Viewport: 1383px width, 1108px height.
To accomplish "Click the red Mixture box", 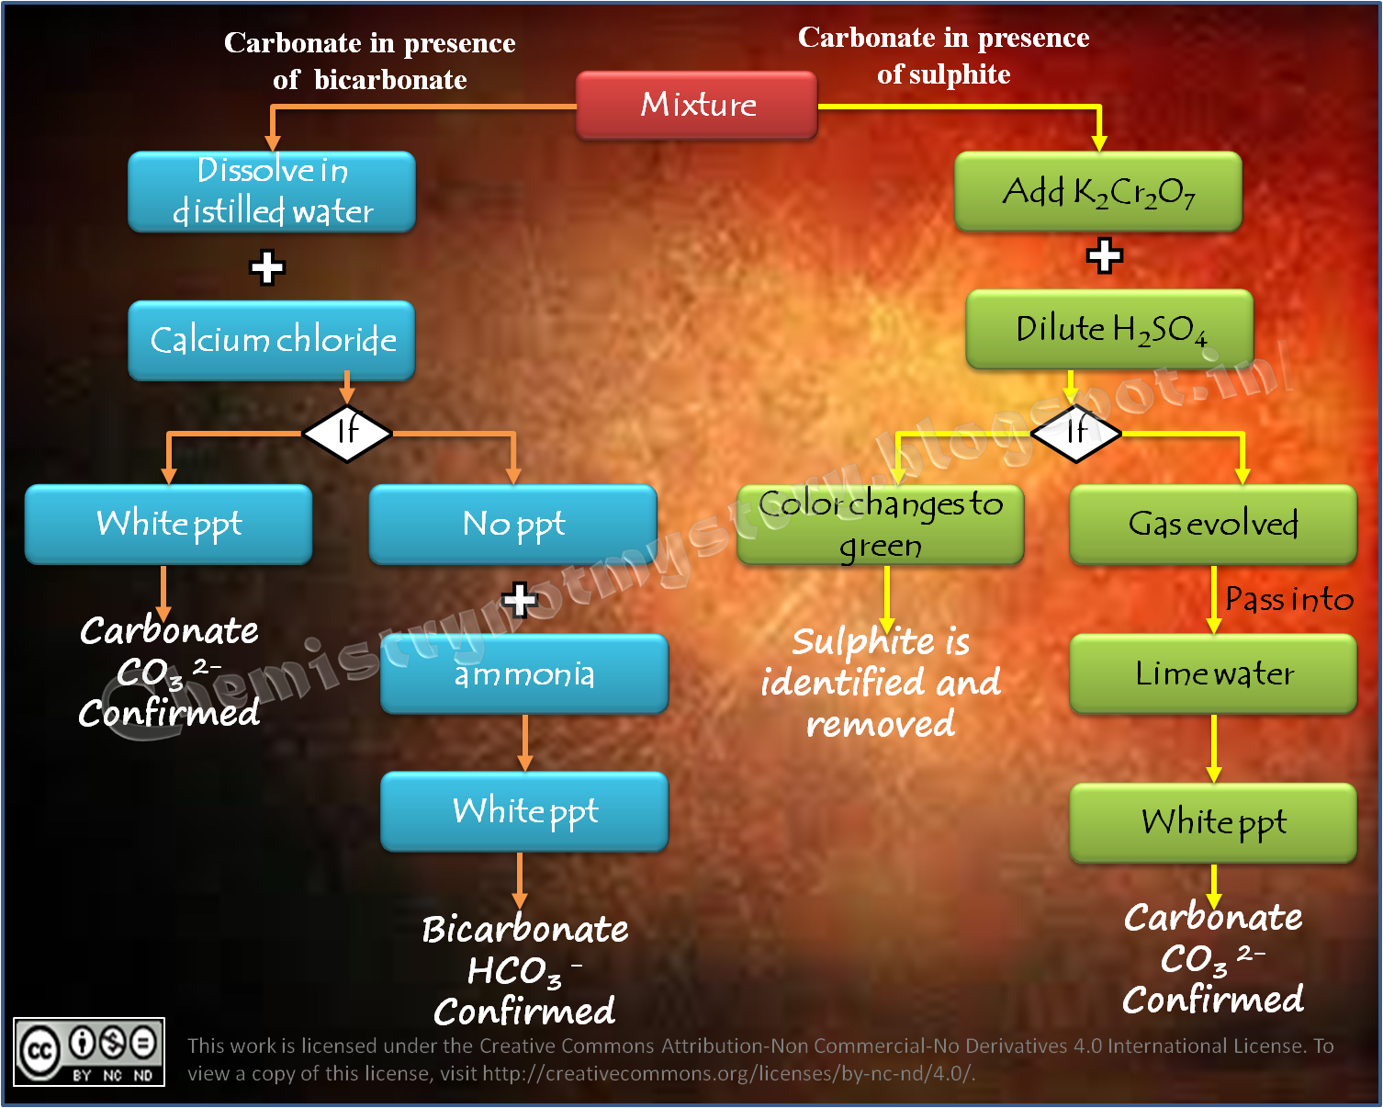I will pyautogui.click(x=696, y=105).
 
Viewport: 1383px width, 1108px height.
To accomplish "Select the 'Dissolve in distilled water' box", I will pyautogui.click(x=272, y=191).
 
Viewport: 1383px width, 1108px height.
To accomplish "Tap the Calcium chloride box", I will pyautogui.click(x=272, y=340).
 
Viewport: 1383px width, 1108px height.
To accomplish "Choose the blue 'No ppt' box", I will pyautogui.click(x=512, y=525).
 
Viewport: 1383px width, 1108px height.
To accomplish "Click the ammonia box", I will pyautogui.click(x=524, y=673).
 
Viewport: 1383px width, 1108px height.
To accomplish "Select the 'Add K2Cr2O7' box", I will pyautogui.click(x=1098, y=191).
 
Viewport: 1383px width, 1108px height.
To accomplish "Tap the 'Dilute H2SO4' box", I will pyautogui.click(x=1109, y=329).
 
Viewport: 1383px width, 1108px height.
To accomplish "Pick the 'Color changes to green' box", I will pyautogui.click(x=880, y=525).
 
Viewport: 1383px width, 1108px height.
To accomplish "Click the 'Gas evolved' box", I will pyautogui.click(x=1212, y=525).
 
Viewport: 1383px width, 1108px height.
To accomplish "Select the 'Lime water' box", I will pyautogui.click(x=1212, y=673).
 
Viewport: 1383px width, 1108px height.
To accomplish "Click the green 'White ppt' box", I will pyautogui.click(x=1212, y=822).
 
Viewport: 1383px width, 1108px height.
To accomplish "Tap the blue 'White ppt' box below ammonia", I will pyautogui.click(x=524, y=811).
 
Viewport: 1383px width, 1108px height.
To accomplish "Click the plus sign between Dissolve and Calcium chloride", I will pyautogui.click(x=267, y=267).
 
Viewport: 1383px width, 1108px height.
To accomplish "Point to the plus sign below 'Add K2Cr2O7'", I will pyautogui.click(x=1104, y=255).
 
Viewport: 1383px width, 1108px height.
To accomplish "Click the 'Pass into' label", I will pyautogui.click(x=1288, y=600).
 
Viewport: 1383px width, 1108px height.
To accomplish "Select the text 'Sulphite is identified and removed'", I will pyautogui.click(x=880, y=683).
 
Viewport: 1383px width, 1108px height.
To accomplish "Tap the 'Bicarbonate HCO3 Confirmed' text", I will pyautogui.click(x=524, y=970).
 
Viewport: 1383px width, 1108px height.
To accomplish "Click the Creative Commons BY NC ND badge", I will pyautogui.click(x=89, y=1052).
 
